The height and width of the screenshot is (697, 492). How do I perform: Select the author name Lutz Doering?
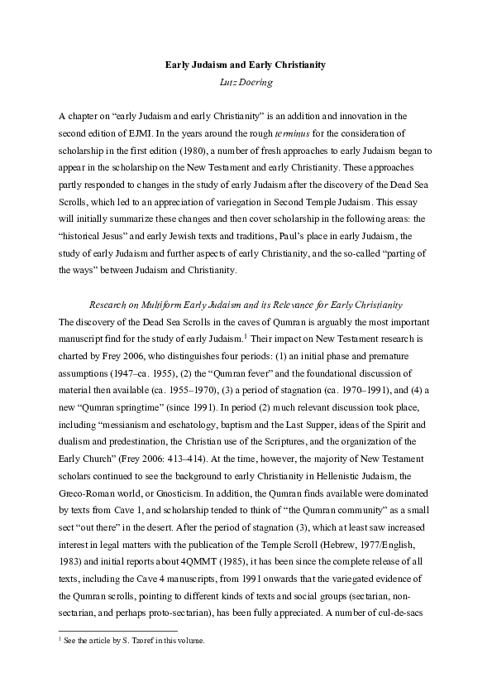tap(246, 81)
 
